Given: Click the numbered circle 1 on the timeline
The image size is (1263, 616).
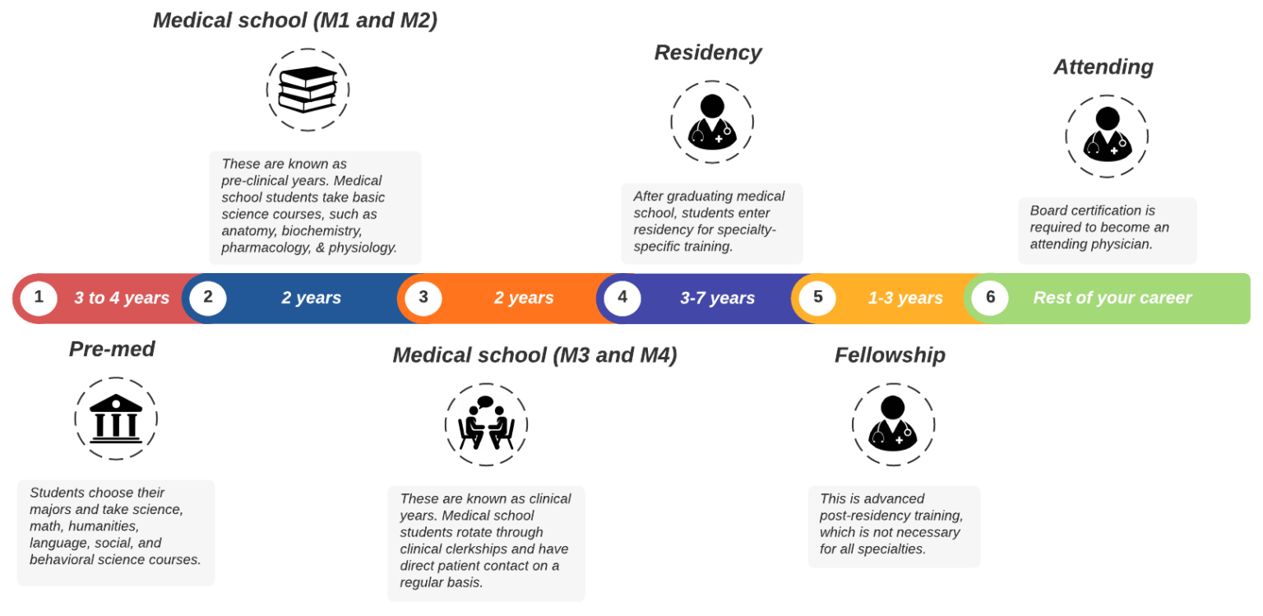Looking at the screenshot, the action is tap(39, 297).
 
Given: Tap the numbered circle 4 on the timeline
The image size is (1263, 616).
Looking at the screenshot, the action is tap(622, 297).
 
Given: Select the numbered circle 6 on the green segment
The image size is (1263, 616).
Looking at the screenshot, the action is tap(990, 297).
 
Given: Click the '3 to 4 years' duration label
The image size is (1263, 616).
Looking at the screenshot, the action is tap(122, 298).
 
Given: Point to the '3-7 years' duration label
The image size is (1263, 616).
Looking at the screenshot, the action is tap(717, 298).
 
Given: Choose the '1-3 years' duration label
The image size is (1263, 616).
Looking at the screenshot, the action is tap(905, 298).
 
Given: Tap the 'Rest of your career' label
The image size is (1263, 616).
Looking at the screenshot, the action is tap(1113, 298).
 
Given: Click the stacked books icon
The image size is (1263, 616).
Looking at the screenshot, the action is tap(308, 90).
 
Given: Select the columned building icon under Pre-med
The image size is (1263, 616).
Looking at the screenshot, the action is tap(116, 419).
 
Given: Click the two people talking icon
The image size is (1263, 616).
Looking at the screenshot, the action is tap(486, 423).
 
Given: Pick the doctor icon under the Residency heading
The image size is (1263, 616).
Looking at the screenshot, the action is tap(712, 122).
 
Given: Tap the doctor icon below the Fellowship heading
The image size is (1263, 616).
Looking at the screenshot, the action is tap(893, 423).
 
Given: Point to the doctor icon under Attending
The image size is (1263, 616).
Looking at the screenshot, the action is tap(1108, 135).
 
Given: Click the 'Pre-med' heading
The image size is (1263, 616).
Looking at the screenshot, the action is tap(112, 350).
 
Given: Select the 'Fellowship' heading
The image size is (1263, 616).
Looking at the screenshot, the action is tap(890, 355).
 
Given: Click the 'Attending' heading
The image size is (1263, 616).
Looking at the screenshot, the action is tap(1103, 67).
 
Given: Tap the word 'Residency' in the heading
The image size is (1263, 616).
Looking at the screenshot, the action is tap(708, 53).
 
